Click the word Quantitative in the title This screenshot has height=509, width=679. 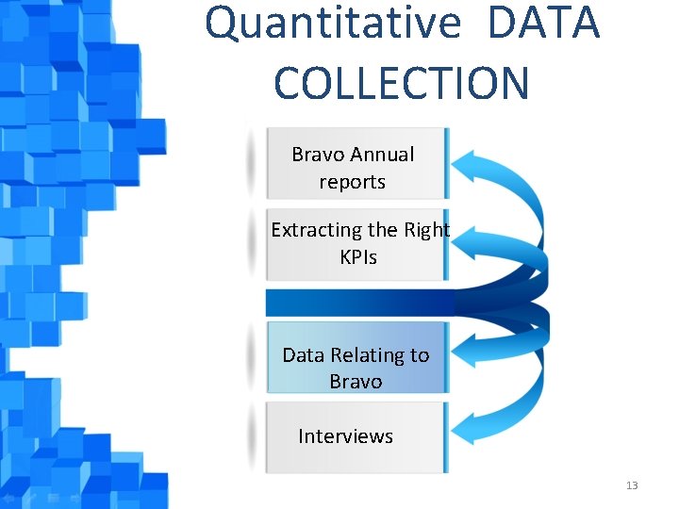[333, 23]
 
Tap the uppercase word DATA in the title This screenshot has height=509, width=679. [544, 23]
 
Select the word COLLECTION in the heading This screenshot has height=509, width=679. [402, 83]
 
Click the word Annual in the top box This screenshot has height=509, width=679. [382, 155]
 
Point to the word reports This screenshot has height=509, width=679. [352, 182]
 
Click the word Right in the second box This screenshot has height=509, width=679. [426, 230]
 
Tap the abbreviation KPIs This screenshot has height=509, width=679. [358, 257]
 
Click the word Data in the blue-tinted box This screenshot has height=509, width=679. [303, 355]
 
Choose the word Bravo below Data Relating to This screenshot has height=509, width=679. [356, 382]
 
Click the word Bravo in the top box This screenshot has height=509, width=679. [319, 155]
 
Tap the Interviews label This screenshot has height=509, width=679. [345, 436]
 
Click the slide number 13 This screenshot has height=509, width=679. [631, 485]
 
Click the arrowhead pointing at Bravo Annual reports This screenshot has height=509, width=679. [467, 167]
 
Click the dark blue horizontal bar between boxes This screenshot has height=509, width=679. [358, 303]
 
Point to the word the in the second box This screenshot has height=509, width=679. [384, 230]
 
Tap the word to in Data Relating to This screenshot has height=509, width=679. [419, 355]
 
